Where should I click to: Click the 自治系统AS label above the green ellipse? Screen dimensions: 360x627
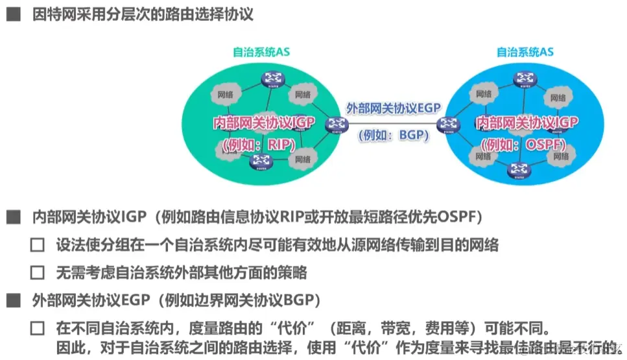261,52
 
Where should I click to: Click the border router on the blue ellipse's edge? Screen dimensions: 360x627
447,123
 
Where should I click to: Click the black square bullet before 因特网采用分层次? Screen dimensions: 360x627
13,15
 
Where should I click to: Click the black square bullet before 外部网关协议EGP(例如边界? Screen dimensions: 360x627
13,300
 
